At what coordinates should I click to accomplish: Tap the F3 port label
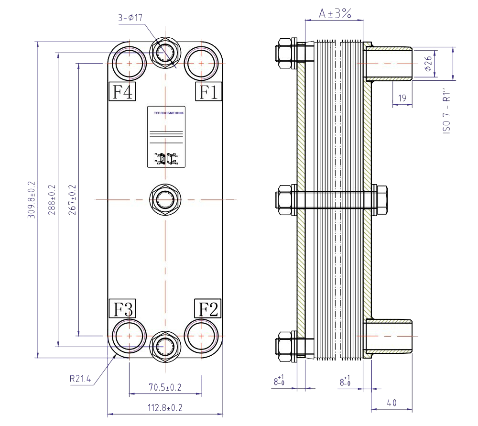(122, 308)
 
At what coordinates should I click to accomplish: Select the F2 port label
(206, 308)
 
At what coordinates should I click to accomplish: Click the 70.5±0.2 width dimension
(165, 387)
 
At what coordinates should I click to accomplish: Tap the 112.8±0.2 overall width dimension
(165, 408)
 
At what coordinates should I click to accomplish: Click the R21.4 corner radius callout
(80, 379)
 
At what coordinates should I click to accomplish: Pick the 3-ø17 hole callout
(131, 18)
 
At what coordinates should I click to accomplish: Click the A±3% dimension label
(335, 14)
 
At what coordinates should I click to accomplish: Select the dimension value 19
(402, 98)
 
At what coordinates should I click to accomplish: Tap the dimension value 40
(391, 403)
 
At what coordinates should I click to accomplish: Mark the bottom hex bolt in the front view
(165, 345)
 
